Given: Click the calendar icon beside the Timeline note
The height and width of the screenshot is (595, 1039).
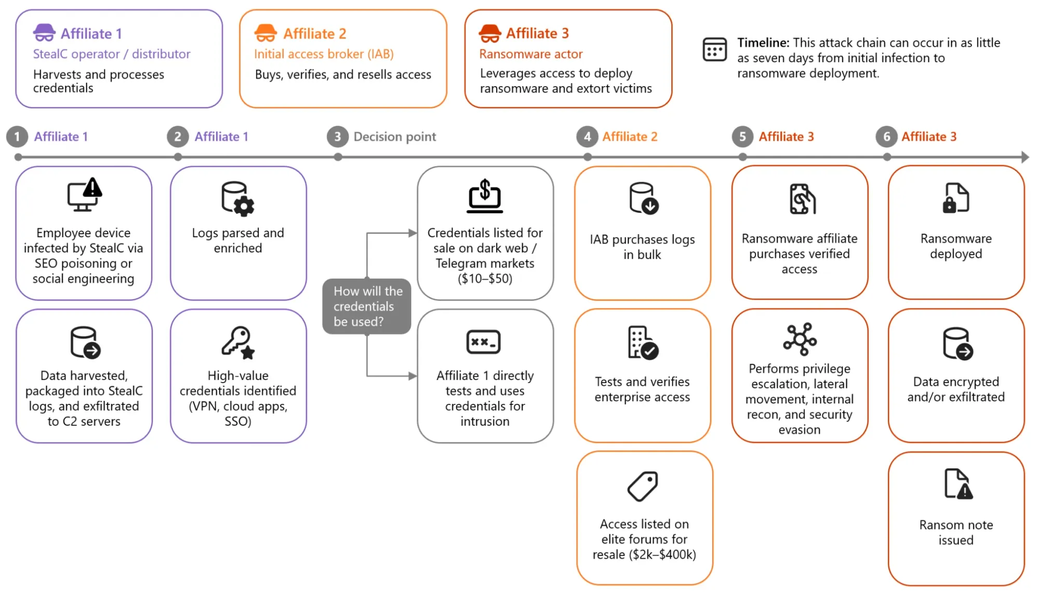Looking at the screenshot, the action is point(714,49).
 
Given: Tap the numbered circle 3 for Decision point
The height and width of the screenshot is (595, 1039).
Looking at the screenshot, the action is point(337,137).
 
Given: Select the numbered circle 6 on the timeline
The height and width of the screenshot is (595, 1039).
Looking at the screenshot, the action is point(886,137).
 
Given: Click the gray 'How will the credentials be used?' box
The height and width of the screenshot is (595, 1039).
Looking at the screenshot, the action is point(367,306).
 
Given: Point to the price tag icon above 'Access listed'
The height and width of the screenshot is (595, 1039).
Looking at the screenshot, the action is point(643,486).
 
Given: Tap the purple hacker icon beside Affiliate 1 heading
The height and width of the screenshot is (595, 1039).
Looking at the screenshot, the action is point(44,33).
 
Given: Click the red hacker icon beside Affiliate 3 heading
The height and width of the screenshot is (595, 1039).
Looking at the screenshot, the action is point(490,33).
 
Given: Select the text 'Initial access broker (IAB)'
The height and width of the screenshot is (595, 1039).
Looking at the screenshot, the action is point(324,54).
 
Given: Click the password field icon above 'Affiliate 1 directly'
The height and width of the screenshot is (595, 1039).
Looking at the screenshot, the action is point(484,342).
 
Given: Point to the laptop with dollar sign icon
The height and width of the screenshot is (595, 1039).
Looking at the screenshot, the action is point(485,196).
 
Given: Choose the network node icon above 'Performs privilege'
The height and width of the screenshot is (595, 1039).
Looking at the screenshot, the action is point(800,339).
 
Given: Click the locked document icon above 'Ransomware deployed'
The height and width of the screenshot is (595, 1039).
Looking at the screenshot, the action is point(956,198).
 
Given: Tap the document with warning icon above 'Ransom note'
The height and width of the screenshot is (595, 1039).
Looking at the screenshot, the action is point(958,483).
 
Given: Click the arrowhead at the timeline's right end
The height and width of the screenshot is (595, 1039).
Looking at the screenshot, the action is point(1025,157).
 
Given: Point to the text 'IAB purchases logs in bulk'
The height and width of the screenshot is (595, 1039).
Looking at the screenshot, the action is point(642,247).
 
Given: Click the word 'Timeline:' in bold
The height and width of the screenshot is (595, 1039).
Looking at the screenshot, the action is point(763,43).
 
